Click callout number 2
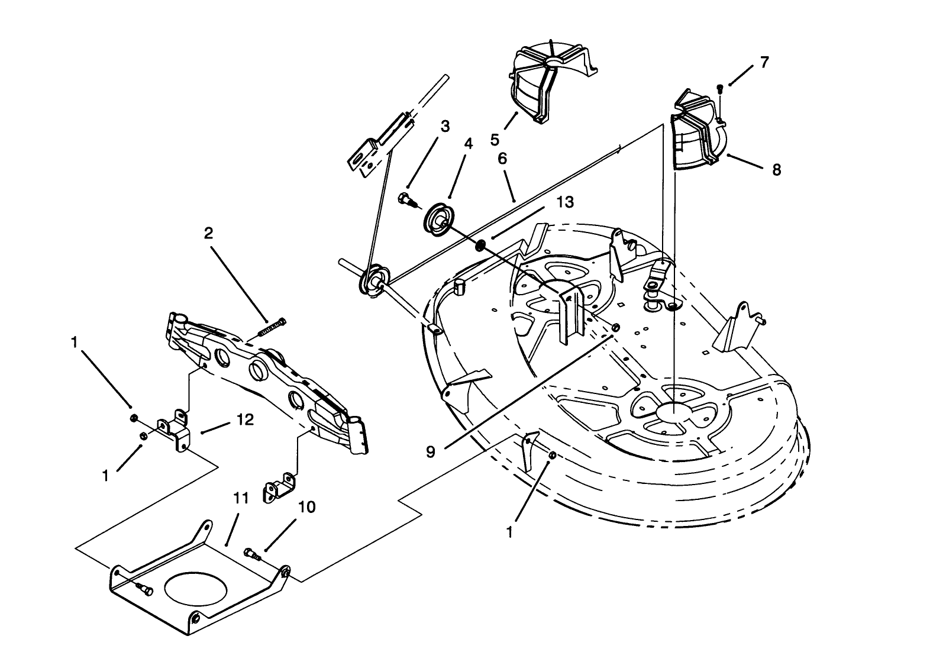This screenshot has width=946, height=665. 208,233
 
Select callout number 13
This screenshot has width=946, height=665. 565,202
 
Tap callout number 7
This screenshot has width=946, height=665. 764,62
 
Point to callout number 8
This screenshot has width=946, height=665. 776,170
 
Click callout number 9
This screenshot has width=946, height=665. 430,452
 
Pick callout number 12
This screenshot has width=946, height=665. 245,420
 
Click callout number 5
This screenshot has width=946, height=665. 495,140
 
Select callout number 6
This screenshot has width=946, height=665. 502,159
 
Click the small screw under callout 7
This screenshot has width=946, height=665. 719,88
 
